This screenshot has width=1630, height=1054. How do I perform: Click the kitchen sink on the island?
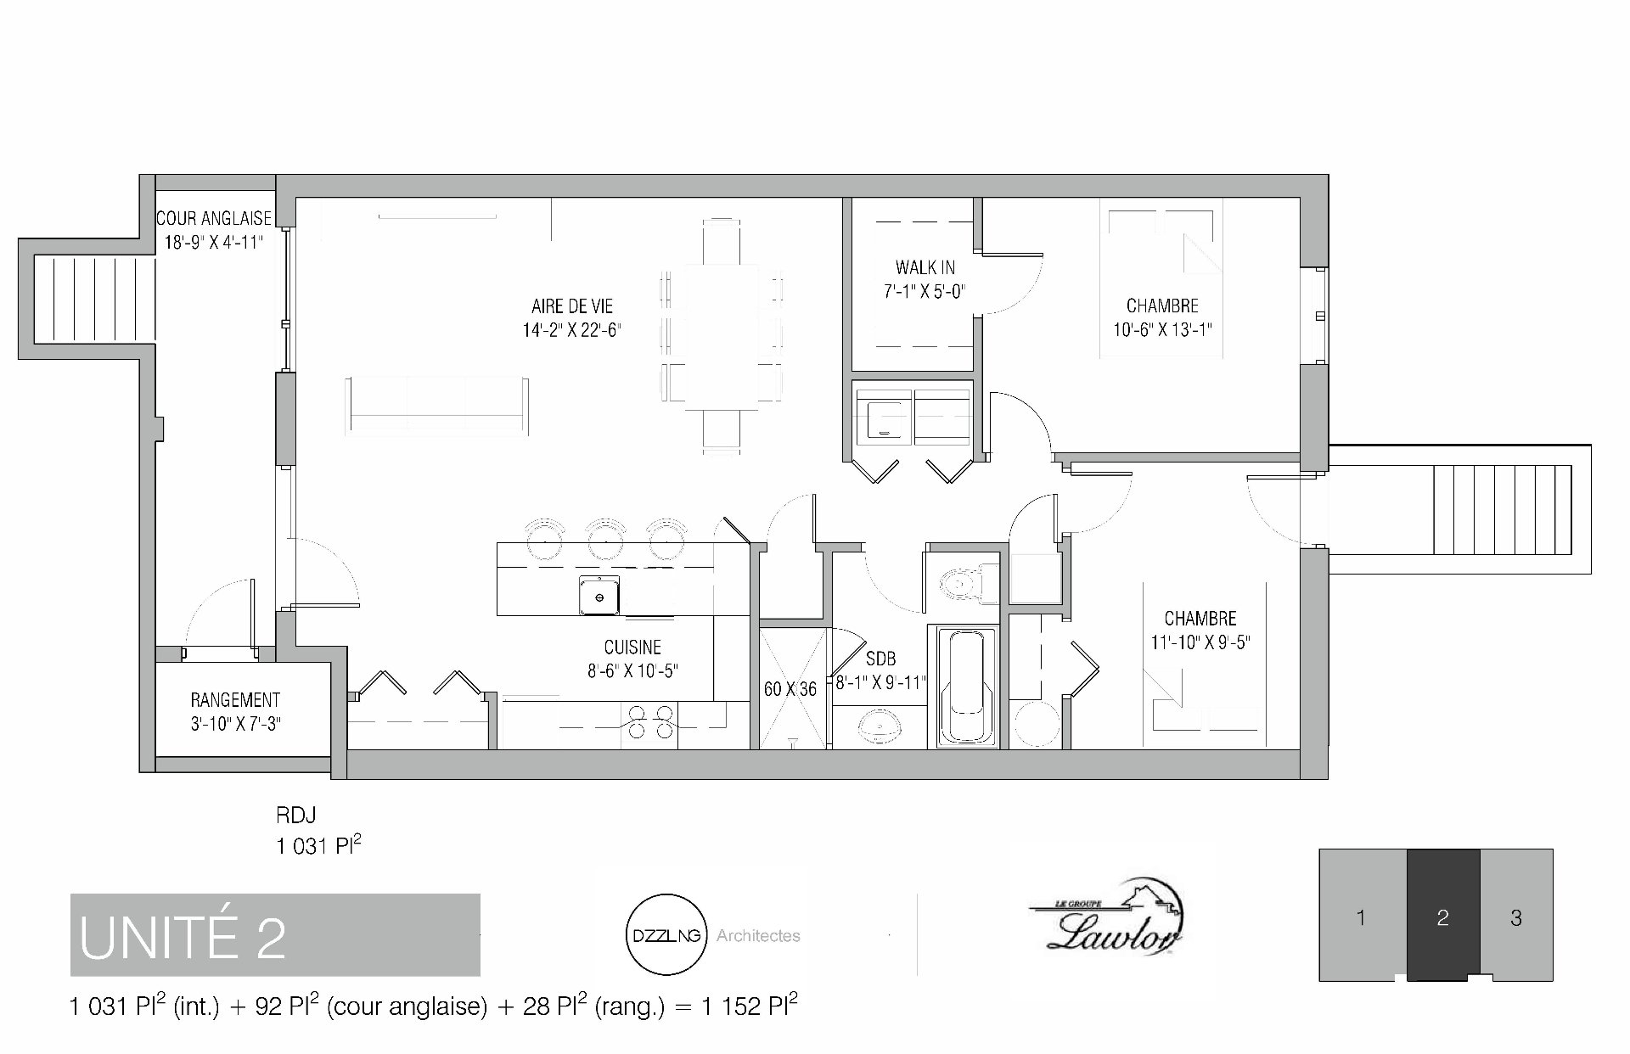click(x=599, y=595)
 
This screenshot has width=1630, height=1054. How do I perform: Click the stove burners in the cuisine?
click(x=649, y=721)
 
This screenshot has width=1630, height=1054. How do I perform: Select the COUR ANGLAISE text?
click(x=214, y=218)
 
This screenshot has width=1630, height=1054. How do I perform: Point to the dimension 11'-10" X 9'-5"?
click(x=1200, y=642)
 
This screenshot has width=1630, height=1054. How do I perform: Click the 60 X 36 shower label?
click(x=790, y=689)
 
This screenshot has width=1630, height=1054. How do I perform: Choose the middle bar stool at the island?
click(x=606, y=538)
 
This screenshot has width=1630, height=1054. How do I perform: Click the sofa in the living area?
click(x=437, y=406)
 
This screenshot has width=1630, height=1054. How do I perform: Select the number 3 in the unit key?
click(x=1516, y=917)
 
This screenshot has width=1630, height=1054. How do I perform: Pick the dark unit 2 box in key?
click(x=1443, y=915)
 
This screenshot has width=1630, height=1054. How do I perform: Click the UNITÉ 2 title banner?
click(x=275, y=934)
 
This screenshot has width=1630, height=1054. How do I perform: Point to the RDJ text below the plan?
click(x=295, y=816)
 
